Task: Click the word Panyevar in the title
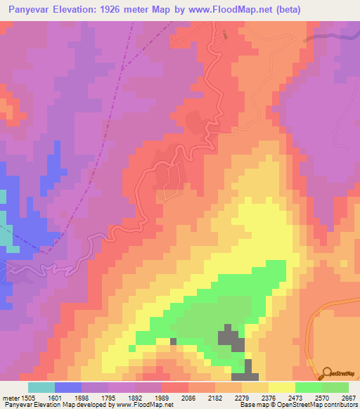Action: [31, 10]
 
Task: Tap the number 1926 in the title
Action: [127, 10]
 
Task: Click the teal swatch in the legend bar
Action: [41, 387]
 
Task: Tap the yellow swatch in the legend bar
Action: [282, 387]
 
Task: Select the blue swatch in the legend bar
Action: [68, 387]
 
